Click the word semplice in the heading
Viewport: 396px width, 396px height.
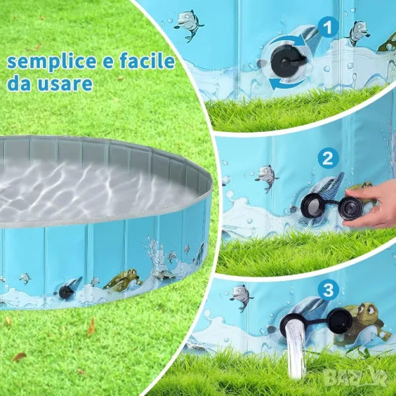51,61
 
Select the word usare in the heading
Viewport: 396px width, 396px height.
65,84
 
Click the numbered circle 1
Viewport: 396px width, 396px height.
328,27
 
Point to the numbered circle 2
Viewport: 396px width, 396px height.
327,158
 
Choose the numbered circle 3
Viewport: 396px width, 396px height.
328,290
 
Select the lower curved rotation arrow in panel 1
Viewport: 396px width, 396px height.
288,83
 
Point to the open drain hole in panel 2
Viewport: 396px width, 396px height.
311,205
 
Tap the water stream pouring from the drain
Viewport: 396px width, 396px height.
296,350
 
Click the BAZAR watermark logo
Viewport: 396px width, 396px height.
356,378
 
